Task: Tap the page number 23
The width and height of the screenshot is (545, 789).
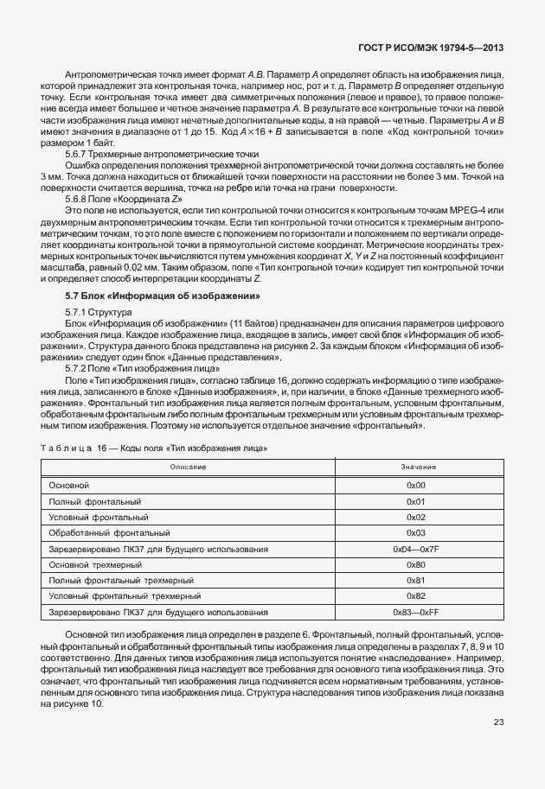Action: tap(498, 722)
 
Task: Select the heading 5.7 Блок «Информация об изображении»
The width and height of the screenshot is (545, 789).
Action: tap(157, 296)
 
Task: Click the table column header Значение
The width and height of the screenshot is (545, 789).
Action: tap(416, 468)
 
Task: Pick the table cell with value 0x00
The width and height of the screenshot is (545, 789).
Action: tap(416, 486)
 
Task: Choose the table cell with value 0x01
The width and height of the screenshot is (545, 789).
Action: tap(416, 501)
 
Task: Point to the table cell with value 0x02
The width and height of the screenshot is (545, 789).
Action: tap(416, 517)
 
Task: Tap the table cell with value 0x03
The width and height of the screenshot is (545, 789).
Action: tap(416, 532)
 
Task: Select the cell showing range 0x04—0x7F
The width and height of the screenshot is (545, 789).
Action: tap(416, 549)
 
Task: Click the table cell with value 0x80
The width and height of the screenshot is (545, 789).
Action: tap(416, 564)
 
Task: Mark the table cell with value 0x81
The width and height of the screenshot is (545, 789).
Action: tap(416, 580)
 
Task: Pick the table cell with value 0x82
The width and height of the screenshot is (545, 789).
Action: tap(416, 596)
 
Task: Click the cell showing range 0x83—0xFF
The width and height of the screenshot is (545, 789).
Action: tap(416, 612)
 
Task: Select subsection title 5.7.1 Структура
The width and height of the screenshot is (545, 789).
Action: tap(98, 311)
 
